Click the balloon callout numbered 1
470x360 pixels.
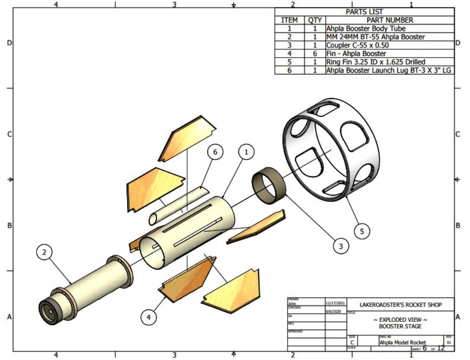[246, 152]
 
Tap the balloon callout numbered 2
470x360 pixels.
[44, 253]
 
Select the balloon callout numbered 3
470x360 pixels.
[341, 246]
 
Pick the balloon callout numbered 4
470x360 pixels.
[149, 317]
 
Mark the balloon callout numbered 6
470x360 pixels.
[215, 153]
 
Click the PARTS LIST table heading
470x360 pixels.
[364, 12]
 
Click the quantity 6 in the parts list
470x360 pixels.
[315, 53]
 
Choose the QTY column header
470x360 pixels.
[315, 20]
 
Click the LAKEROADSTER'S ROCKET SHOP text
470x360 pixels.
[401, 305]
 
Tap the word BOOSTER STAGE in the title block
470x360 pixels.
[400, 326]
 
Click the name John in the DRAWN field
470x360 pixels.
[292, 303]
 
